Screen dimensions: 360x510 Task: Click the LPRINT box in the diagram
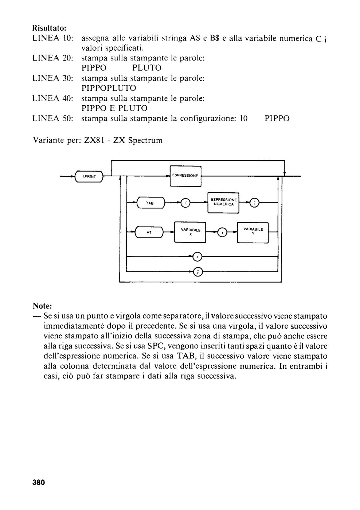click(89, 176)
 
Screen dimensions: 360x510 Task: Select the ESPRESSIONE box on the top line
click(185, 176)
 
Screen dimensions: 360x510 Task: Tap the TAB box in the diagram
click(150, 203)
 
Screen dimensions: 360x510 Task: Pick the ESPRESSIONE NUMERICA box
click(223, 203)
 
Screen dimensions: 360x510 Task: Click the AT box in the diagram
click(149, 232)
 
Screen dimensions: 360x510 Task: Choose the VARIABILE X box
click(190, 232)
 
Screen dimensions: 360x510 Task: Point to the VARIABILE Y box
click(253, 232)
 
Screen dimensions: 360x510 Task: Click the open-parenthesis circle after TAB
click(185, 203)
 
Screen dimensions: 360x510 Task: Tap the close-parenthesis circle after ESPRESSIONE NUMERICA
click(255, 203)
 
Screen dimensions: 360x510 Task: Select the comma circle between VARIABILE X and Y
click(222, 232)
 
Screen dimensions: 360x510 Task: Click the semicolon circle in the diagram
click(197, 271)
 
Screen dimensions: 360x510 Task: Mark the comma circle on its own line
click(197, 257)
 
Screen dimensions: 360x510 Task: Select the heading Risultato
click(50, 28)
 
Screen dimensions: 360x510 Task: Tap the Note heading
click(42, 306)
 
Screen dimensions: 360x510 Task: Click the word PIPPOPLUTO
click(109, 88)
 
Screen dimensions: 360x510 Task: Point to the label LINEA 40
click(53, 98)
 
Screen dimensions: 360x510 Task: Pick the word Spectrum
click(145, 141)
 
